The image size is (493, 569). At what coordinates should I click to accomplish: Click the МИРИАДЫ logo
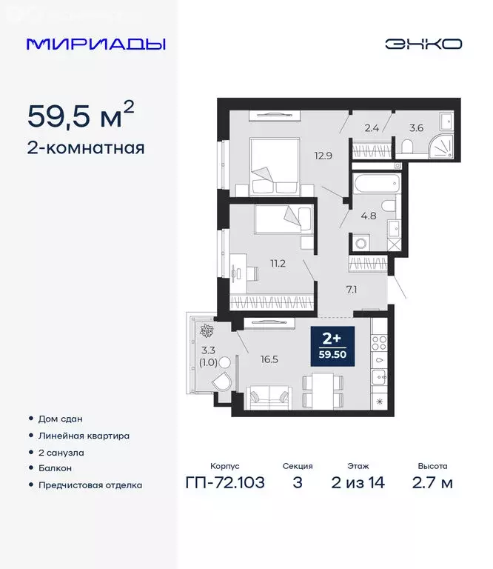pyautogui.click(x=96, y=44)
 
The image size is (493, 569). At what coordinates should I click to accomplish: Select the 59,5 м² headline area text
pyautogui.click(x=81, y=116)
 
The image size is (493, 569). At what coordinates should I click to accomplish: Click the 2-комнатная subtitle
pyautogui.click(x=86, y=148)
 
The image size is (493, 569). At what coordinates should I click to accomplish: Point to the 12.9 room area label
pyautogui.click(x=321, y=156)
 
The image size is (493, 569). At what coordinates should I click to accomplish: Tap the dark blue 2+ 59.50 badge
pyautogui.click(x=333, y=346)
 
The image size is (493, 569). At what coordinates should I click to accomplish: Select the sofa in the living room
pyautogui.click(x=269, y=396)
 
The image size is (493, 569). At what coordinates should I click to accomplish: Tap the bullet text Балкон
pyautogui.click(x=56, y=468)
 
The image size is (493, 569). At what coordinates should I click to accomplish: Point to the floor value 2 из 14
pyautogui.click(x=359, y=484)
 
